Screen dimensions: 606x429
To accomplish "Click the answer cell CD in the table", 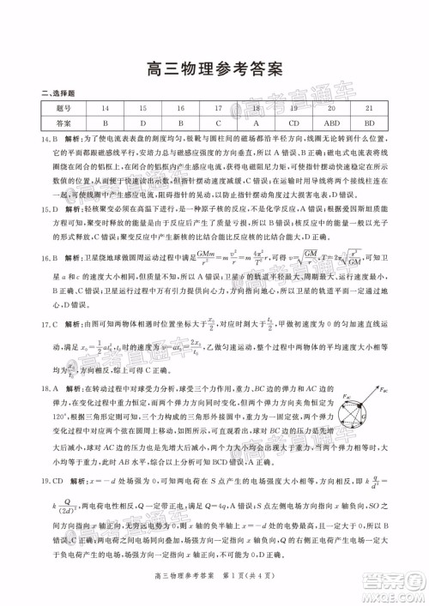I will pos(294,123).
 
